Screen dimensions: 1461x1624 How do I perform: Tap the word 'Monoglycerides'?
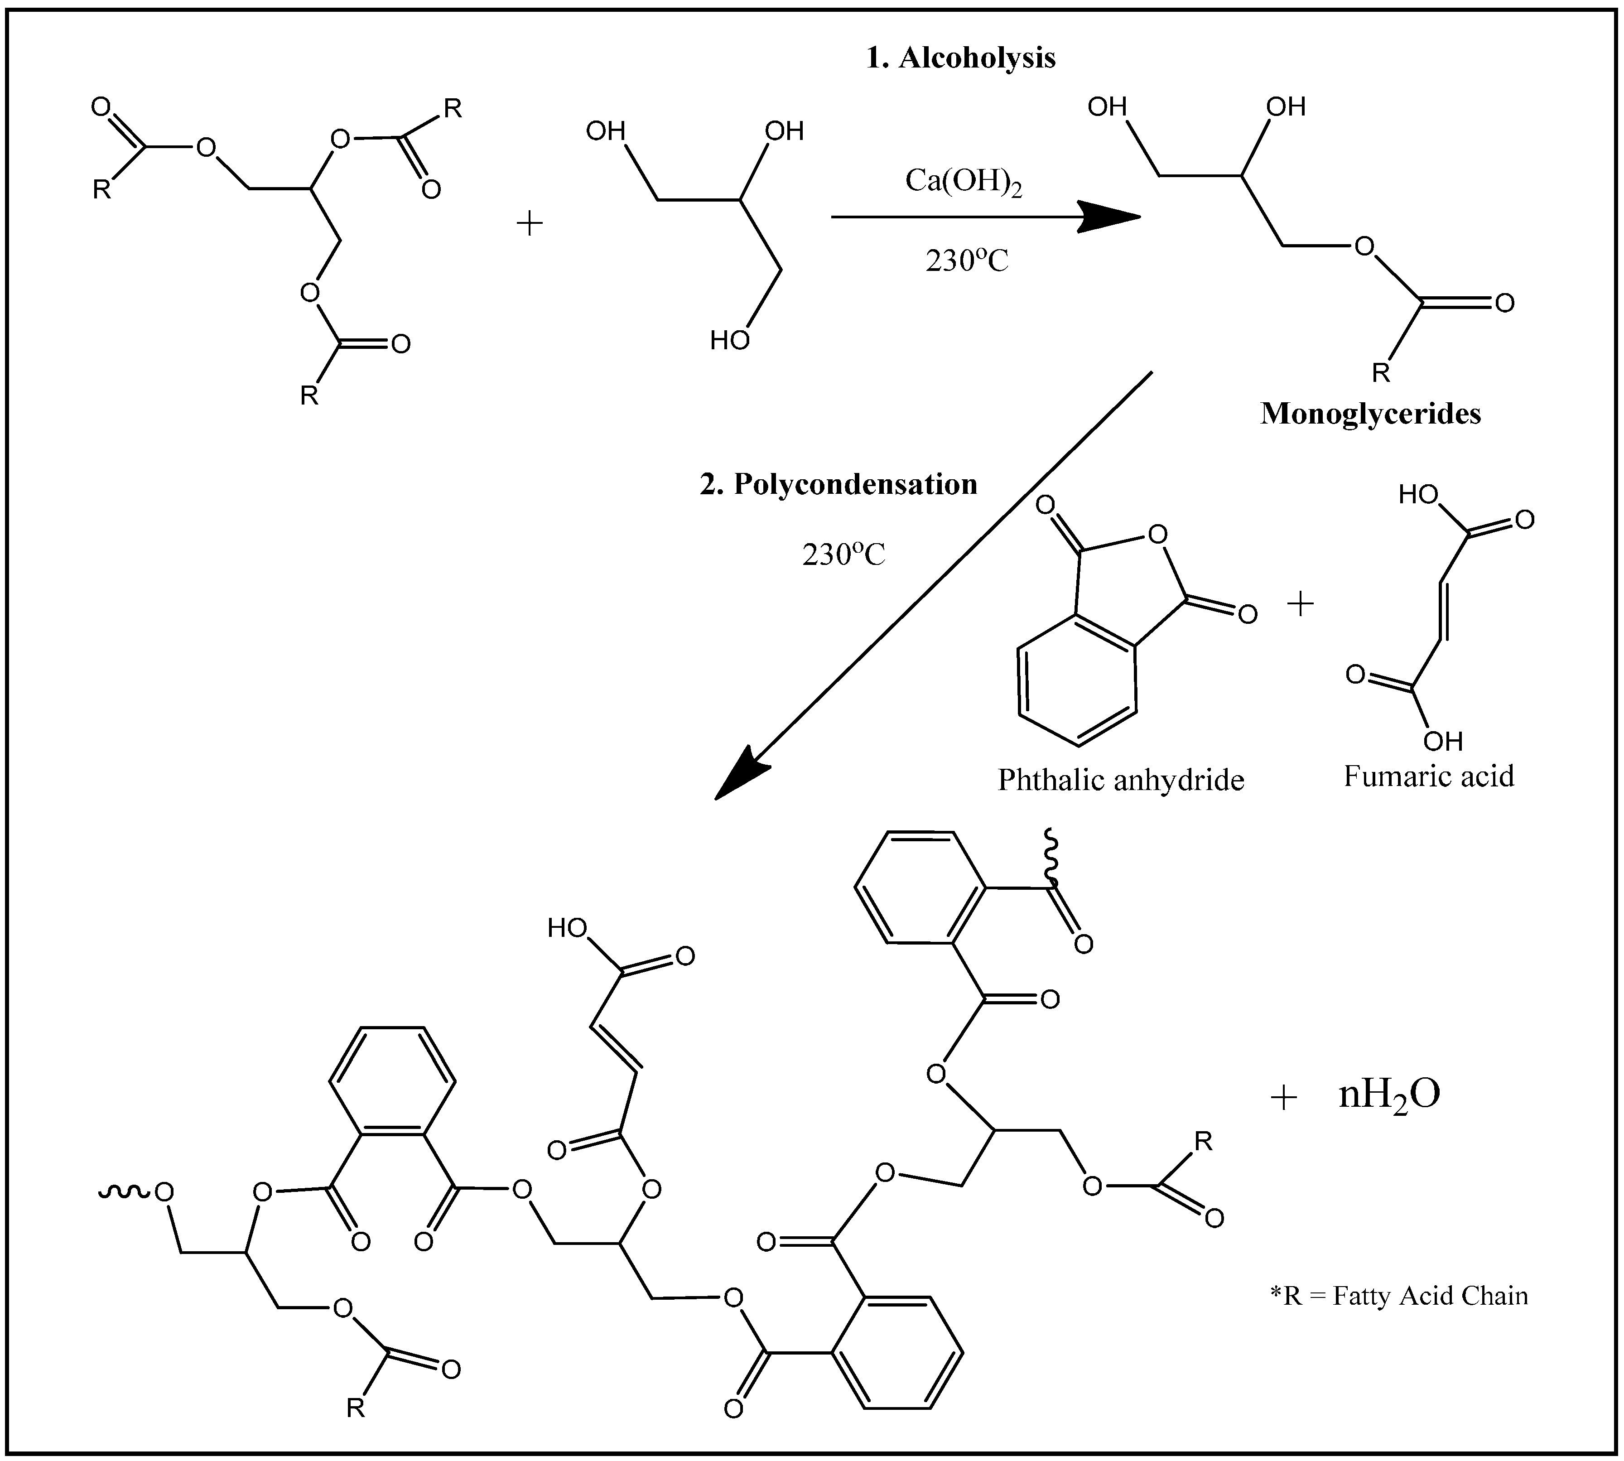1370,414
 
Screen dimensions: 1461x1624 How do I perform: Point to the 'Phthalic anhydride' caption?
1121,780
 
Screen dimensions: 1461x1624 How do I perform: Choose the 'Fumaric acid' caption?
1429,776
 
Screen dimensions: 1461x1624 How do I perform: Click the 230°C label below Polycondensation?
843,555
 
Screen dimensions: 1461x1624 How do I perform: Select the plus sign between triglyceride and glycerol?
529,223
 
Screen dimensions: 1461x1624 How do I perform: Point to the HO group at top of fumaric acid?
1418,495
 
